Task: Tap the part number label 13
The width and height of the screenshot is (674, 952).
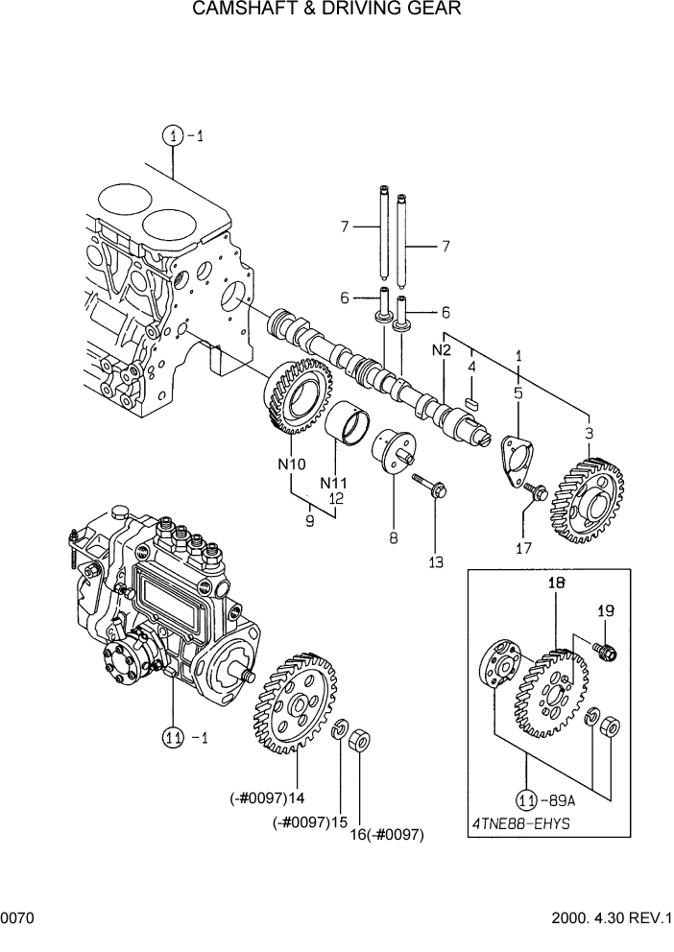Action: tap(436, 563)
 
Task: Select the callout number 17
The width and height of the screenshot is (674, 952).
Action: tap(523, 549)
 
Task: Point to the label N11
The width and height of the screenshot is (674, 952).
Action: tap(332, 482)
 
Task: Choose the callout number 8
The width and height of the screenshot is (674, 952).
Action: tap(394, 538)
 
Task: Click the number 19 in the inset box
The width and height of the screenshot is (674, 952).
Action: tap(606, 610)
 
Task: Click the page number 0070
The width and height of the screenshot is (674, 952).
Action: tap(17, 919)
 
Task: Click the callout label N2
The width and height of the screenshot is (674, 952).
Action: tap(441, 351)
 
